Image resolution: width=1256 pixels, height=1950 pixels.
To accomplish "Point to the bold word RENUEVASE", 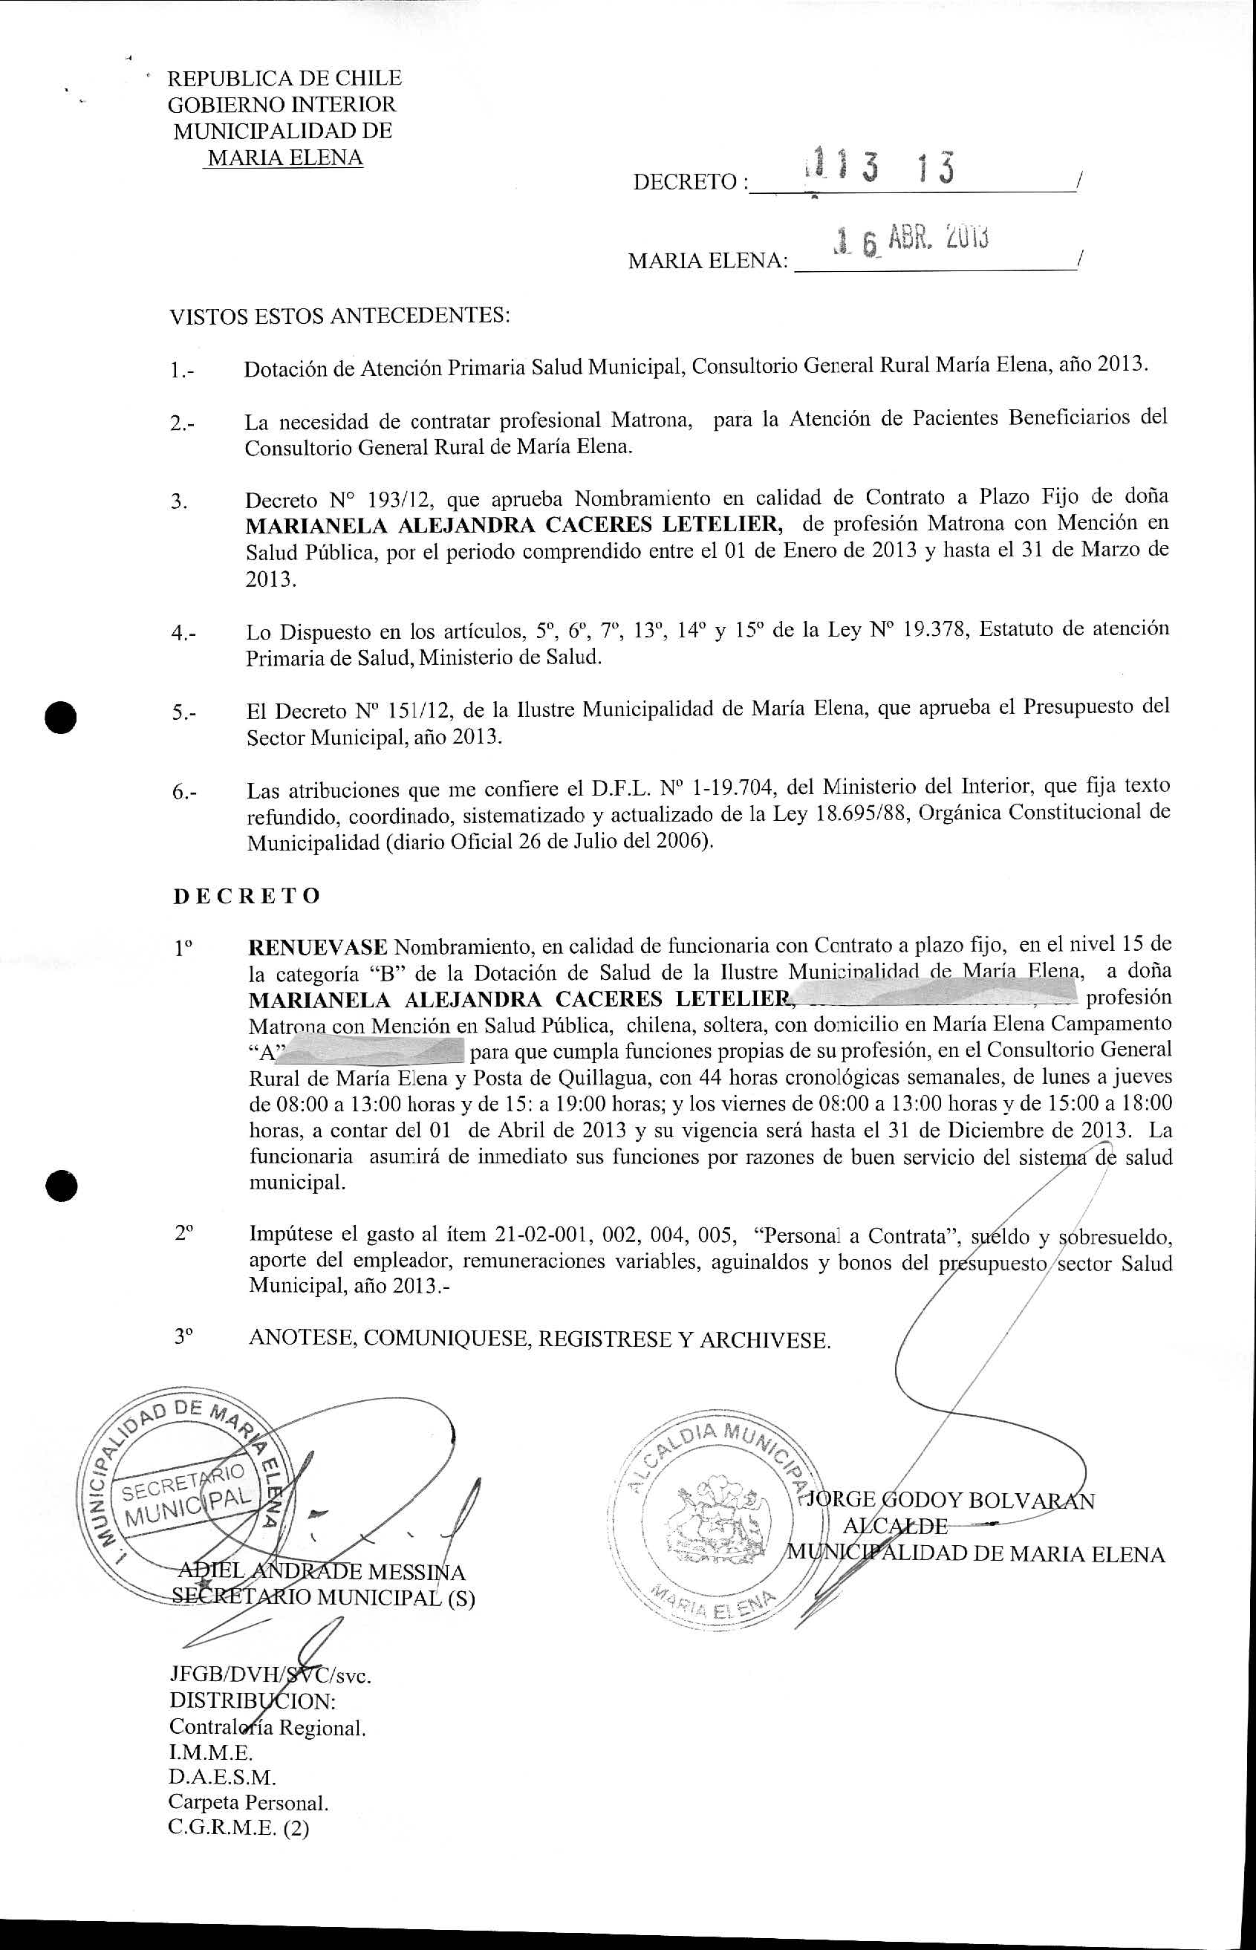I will pos(317,947).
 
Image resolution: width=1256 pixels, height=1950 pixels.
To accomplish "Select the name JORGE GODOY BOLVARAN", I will pos(949,1500).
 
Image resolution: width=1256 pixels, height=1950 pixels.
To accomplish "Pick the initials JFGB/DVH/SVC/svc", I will pos(270,1676).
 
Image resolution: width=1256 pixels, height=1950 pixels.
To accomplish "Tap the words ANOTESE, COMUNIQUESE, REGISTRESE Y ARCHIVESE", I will pos(540,1339).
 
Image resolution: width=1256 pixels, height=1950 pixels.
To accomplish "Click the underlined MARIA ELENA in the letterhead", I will pos(284,157).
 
